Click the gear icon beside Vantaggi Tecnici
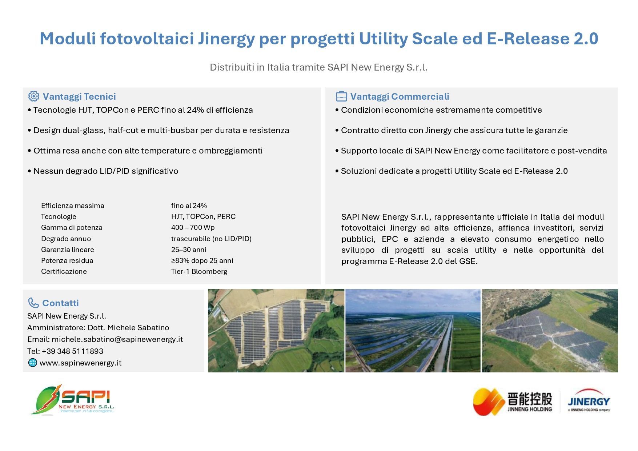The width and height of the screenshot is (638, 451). pyautogui.click(x=33, y=96)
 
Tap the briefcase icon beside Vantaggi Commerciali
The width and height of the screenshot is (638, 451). pyautogui.click(x=341, y=96)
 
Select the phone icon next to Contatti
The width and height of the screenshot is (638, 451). pyautogui.click(x=33, y=303)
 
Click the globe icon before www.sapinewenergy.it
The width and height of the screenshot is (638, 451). pyautogui.click(x=33, y=363)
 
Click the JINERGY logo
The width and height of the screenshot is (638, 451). pyautogui.click(x=589, y=400)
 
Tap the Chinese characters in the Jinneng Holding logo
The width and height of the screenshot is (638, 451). pyautogui.click(x=530, y=399)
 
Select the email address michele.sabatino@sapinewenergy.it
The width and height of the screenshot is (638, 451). pyautogui.click(x=117, y=339)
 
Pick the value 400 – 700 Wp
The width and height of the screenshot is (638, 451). pyautogui.click(x=193, y=227)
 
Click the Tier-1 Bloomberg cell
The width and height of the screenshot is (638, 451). pyautogui.click(x=199, y=271)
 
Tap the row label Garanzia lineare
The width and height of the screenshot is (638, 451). pyautogui.click(x=67, y=250)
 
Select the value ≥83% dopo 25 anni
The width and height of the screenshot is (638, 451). pyautogui.click(x=202, y=260)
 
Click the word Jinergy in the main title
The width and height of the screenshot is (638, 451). pyautogui.click(x=226, y=39)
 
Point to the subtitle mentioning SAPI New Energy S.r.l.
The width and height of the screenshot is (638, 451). pyautogui.click(x=318, y=67)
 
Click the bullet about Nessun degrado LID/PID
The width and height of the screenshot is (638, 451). pyautogui.click(x=103, y=171)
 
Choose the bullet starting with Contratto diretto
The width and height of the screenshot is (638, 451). pyautogui.click(x=451, y=130)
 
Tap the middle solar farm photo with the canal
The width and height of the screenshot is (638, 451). pyautogui.click(x=413, y=331)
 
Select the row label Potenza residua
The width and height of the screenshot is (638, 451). pyautogui.click(x=67, y=260)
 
